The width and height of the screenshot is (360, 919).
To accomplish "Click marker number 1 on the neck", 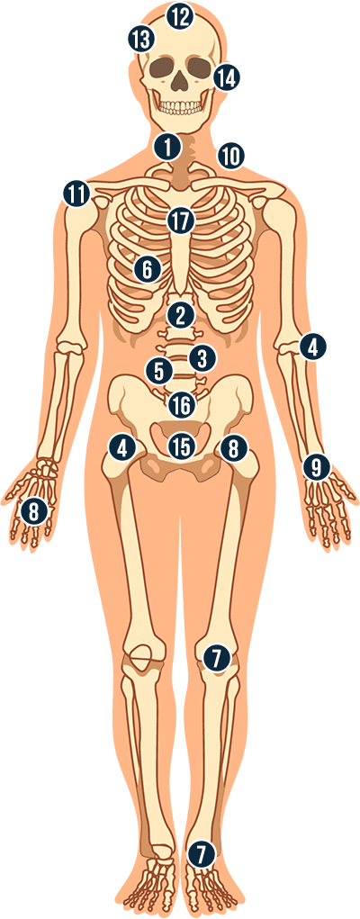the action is [x=167, y=147].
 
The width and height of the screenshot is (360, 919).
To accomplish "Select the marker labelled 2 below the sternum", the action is [x=180, y=316].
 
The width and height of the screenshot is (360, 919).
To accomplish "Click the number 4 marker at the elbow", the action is [x=313, y=348].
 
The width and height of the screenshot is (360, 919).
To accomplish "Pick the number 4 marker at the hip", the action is [x=122, y=448].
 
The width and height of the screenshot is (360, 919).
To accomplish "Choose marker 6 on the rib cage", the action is [x=147, y=270].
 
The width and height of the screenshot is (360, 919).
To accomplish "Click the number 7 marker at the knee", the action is [x=216, y=658].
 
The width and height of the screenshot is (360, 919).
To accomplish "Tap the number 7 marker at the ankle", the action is [x=202, y=854].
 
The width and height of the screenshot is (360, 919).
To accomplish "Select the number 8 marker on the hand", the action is [x=34, y=512].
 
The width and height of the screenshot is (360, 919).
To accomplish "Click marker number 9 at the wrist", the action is [x=317, y=467].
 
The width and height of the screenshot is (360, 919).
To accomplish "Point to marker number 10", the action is [x=230, y=156].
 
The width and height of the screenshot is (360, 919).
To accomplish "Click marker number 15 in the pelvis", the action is [x=181, y=447].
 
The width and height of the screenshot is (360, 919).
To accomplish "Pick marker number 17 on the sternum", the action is [x=180, y=221].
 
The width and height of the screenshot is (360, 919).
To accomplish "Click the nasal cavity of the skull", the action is [x=179, y=82].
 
